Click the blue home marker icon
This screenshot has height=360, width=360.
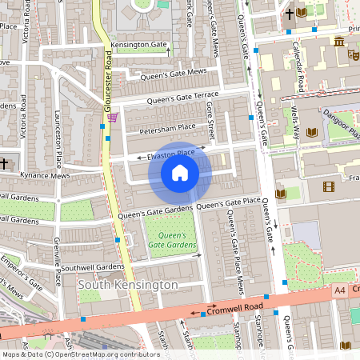tap(180, 173)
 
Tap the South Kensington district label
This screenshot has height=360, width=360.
tap(128, 285)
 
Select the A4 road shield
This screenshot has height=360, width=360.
tap(339, 290)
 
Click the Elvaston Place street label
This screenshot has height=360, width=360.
tap(171, 152)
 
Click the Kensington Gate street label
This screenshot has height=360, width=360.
tap(140, 45)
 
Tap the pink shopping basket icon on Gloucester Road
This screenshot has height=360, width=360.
tap(112, 117)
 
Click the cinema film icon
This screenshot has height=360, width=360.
tap(328, 187)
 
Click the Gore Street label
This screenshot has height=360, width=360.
tap(210, 118)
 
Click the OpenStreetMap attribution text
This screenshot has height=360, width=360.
tap(80, 354)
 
